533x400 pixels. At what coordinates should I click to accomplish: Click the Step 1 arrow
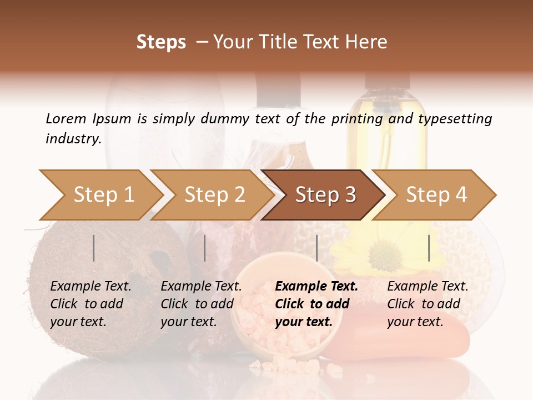coord(103,194)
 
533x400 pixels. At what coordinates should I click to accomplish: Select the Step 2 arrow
coord(214,194)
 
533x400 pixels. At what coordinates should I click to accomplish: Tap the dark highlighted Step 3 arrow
coord(325,194)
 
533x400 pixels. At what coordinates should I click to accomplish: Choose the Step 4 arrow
coord(436,194)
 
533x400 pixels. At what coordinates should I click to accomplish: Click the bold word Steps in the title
coord(161,42)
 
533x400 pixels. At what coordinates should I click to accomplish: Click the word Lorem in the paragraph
coord(66,118)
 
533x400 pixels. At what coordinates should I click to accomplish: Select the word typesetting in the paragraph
coord(455,119)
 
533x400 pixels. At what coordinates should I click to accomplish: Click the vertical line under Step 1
coord(94,248)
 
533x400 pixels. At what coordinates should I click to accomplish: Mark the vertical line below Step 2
coord(205,248)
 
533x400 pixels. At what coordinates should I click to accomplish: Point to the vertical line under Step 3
coord(316,248)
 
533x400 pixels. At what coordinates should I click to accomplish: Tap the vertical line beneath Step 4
coord(429,248)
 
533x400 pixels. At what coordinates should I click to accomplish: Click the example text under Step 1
coord(90,304)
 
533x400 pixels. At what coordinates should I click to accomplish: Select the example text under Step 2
coord(200,304)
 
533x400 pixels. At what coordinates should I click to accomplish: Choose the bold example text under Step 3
coord(316,304)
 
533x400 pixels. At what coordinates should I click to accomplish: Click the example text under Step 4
coord(427,304)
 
